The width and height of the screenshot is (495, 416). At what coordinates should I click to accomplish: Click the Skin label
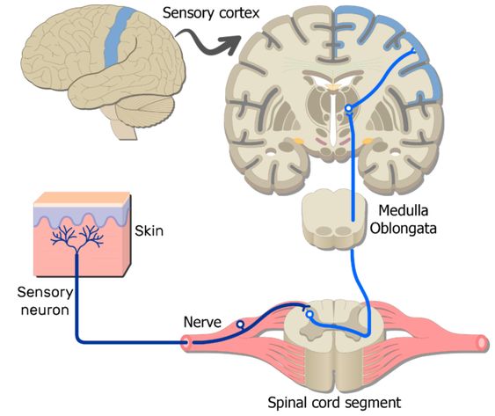pyautogui.click(x=149, y=231)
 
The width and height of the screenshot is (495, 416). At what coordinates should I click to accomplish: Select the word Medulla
pyautogui.click(x=404, y=210)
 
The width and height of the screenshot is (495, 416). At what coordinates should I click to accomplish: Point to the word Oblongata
pyautogui.click(x=404, y=229)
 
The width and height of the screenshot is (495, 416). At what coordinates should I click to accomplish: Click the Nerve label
pyautogui.click(x=202, y=322)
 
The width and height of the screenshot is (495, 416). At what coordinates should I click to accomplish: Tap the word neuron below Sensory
pyautogui.click(x=45, y=310)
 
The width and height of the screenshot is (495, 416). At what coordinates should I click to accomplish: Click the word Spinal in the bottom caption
pyautogui.click(x=288, y=403)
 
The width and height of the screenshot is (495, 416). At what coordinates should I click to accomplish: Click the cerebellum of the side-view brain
pyautogui.click(x=145, y=111)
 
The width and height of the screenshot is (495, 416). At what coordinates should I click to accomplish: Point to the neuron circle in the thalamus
pyautogui.click(x=348, y=108)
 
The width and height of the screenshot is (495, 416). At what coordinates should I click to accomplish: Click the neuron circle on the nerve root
pyautogui.click(x=240, y=325)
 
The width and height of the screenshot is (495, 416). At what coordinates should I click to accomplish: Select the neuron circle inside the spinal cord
pyautogui.click(x=309, y=314)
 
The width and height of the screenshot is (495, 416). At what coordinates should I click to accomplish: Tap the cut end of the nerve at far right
pyautogui.click(x=483, y=343)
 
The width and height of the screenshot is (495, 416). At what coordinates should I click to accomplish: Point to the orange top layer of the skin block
pyautogui.click(x=82, y=198)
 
